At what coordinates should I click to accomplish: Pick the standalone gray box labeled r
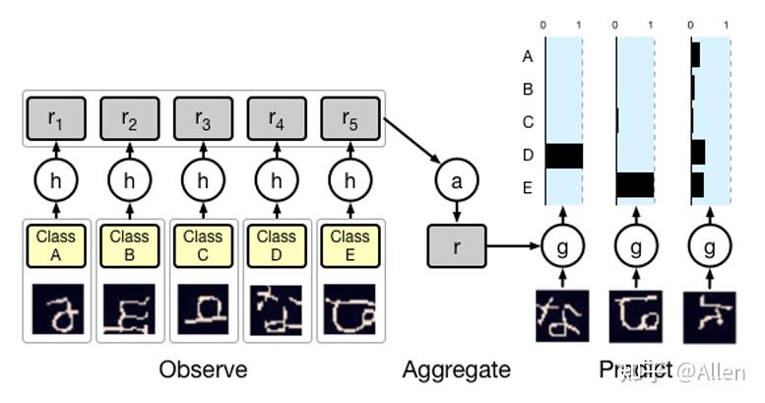[456, 245]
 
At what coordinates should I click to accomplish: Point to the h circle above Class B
[130, 181]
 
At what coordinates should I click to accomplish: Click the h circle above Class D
[277, 181]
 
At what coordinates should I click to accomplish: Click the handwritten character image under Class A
[56, 308]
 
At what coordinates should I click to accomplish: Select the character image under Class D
[277, 308]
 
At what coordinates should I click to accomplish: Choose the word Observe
[204, 370]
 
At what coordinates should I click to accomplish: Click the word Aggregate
[456, 370]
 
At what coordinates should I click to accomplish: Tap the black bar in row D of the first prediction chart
[564, 156]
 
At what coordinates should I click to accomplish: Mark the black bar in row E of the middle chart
[635, 185]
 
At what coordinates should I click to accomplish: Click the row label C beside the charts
[528, 122]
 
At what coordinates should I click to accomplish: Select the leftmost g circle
[562, 245]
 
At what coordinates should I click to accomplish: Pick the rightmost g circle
[708, 245]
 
